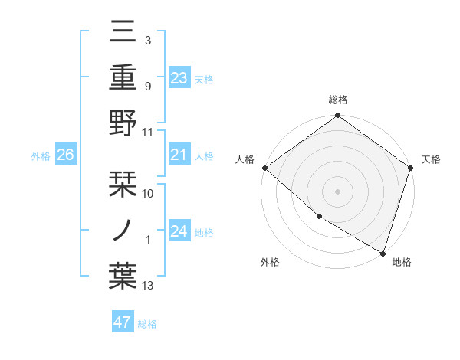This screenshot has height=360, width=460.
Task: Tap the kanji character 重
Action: pyautogui.click(x=123, y=77)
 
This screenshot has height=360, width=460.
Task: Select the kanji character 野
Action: pyautogui.click(x=123, y=123)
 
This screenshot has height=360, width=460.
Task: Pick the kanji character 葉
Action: pyautogui.click(x=123, y=277)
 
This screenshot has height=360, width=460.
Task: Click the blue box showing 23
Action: pyautogui.click(x=179, y=77)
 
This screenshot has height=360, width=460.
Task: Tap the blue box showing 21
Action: pyautogui.click(x=179, y=155)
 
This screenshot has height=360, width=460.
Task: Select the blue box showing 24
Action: pyautogui.click(x=179, y=231)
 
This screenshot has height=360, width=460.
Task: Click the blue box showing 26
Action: pyautogui.click(x=65, y=155)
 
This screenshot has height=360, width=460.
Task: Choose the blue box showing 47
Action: pyautogui.click(x=122, y=322)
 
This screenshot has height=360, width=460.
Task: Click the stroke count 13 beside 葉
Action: pyautogui.click(x=148, y=286)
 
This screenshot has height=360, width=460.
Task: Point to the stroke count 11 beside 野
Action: pyautogui.click(x=148, y=133)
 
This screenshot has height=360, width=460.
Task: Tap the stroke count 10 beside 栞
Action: pyautogui.click(x=148, y=194)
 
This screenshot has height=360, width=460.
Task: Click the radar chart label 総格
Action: pyautogui.click(x=337, y=100)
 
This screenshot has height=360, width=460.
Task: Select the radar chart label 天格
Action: pyautogui.click(x=431, y=159)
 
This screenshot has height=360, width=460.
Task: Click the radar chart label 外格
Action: pyautogui.click(x=270, y=262)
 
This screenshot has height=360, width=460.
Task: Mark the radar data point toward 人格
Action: pyautogui.click(x=264, y=168)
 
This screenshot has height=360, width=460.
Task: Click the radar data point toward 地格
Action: pyautogui.click(x=383, y=252)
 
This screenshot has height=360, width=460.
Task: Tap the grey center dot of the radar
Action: pyautogui.click(x=337, y=191)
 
